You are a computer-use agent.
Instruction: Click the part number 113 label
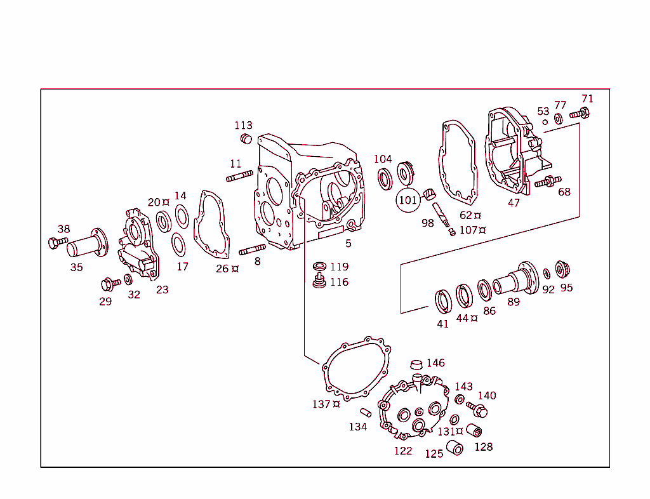243,125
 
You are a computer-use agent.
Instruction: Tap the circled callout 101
408,200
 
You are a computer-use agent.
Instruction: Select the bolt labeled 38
56,242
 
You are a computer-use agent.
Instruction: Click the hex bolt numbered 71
579,114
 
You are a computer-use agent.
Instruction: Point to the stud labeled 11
240,177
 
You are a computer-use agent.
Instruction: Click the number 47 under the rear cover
514,203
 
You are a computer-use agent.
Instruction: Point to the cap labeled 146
416,364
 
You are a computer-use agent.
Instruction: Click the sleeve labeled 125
454,448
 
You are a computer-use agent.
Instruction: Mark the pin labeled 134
366,412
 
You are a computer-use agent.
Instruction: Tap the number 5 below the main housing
348,243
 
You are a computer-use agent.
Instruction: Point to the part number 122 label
403,451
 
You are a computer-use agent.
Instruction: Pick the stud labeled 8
251,248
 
